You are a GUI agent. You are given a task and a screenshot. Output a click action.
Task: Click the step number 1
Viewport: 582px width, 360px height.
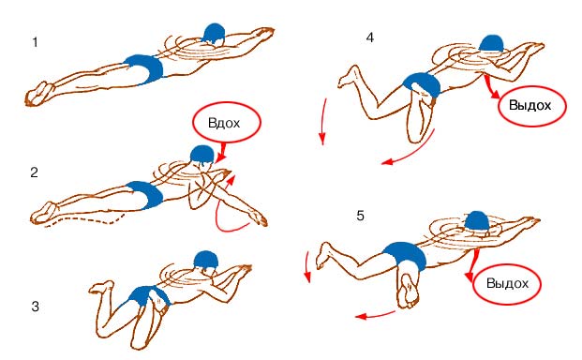[36, 42]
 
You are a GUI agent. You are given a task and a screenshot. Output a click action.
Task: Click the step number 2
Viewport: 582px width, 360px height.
[34, 172]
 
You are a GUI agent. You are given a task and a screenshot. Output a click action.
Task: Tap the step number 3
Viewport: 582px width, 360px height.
[35, 307]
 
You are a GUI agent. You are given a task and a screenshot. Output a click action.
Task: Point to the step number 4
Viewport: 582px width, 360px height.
[369, 37]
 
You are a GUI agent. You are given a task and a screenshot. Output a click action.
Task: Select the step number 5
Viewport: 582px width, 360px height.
[360, 216]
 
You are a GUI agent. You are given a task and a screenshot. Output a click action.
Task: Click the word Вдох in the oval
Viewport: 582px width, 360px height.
[224, 123]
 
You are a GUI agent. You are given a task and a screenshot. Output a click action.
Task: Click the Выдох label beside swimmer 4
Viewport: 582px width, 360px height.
[530, 105]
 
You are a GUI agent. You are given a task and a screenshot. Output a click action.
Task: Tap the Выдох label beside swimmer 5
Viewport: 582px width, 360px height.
[507, 283]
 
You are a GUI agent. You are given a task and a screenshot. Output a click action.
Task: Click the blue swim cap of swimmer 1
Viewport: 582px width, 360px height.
[214, 34]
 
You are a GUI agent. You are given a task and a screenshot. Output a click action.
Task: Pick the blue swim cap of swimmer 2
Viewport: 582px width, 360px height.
[202, 154]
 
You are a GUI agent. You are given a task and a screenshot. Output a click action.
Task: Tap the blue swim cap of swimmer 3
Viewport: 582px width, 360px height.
[205, 261]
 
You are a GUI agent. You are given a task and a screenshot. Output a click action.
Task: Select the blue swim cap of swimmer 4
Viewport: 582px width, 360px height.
[492, 44]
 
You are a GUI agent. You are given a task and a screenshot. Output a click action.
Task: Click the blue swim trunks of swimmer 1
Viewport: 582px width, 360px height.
[144, 68]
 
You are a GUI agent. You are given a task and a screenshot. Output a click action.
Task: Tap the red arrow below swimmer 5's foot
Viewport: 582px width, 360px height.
[375, 315]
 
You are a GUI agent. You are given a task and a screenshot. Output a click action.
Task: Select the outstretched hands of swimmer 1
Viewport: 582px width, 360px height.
[264, 33]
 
